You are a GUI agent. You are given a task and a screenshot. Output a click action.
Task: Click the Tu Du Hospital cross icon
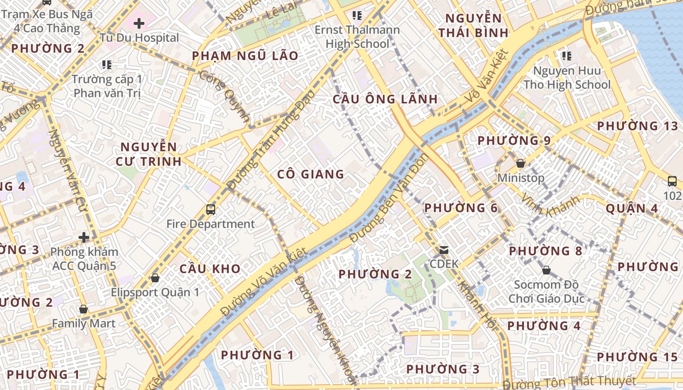click(139, 23)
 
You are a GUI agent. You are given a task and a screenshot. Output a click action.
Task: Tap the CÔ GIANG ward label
click(311, 174)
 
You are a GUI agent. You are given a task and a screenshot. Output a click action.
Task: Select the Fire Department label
click(211, 224)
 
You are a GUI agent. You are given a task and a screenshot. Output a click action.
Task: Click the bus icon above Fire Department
click(211, 209)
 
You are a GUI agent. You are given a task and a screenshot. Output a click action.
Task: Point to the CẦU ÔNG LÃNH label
click(385, 99)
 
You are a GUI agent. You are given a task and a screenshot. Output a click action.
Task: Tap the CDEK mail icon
click(444, 250)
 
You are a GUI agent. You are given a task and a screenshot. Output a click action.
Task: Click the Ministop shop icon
click(521, 163)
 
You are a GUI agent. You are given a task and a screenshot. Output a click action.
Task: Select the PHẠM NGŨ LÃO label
click(245, 56)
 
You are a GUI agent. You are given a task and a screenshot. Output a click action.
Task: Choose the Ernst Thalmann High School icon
click(357, 16)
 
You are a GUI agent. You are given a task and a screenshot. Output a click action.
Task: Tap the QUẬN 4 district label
click(632, 209)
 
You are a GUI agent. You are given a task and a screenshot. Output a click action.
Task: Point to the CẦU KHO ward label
click(210, 269)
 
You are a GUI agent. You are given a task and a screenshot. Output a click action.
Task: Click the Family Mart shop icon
click(83, 309)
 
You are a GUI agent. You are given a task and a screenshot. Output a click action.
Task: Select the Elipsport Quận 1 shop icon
click(155, 278)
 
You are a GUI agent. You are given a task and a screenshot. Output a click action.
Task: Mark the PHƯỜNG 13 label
click(637, 126)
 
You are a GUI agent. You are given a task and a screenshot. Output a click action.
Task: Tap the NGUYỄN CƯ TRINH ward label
click(148, 154)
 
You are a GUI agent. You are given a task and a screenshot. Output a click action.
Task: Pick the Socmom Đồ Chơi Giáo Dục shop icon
click(546, 270)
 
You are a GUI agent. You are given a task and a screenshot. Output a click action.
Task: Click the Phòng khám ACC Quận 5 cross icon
click(84, 237)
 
